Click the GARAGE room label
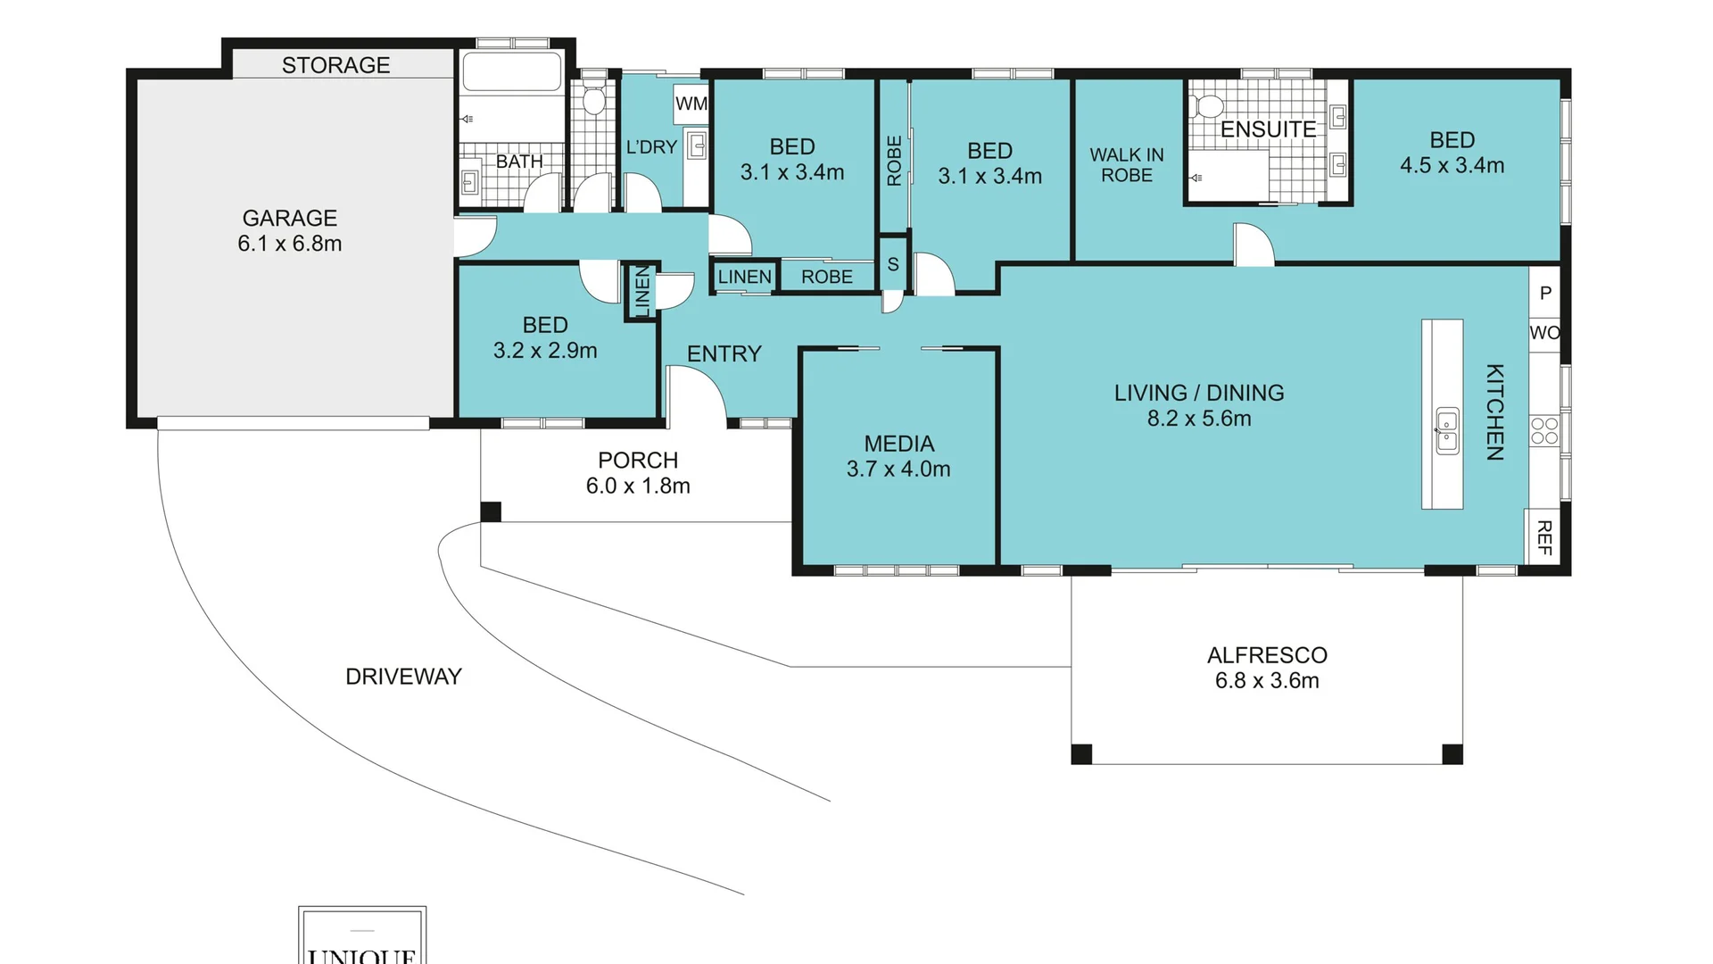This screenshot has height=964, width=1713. coord(290,218)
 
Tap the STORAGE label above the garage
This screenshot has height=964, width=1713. coord(336,65)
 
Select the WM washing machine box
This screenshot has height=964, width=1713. coord(691,104)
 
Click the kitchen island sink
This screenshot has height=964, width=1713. coord(1447,431)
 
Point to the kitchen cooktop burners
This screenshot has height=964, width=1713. coord(1545,431)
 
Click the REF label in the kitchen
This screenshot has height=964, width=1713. coord(1545,538)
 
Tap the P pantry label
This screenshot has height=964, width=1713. coord(1546,293)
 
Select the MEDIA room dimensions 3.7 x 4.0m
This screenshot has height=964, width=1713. coord(898,469)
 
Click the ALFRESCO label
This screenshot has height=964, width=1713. coord(1267,655)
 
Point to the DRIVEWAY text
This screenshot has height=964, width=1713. coord(403,677)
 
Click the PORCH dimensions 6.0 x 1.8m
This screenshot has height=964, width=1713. coord(638,486)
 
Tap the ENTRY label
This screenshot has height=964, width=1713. coord(724,354)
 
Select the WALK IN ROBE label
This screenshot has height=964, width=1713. coord(1127,165)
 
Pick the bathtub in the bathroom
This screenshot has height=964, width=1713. coord(512,72)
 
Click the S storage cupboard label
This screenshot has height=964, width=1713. coord(893,264)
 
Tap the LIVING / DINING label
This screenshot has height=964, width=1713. coord(1199,393)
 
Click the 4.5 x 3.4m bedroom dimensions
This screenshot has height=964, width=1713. coord(1452,165)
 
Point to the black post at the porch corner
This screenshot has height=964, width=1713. coord(491,511)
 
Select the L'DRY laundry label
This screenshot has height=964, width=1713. coord(651,147)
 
